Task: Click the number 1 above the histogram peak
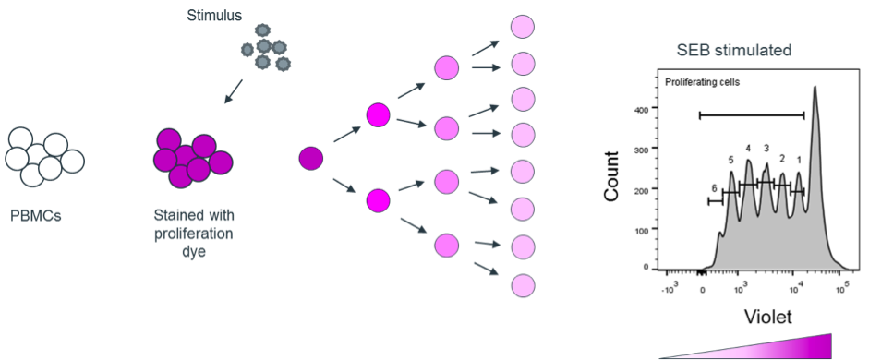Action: [799, 161]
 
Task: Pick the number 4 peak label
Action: [749, 148]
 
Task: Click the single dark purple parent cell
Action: [311, 158]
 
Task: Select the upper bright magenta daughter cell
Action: [379, 115]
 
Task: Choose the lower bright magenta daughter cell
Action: [379, 199]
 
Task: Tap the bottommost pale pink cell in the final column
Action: [524, 285]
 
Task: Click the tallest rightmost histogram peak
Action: [815, 102]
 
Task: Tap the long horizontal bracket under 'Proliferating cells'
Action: [751, 115]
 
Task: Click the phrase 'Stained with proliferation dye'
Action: [193, 233]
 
